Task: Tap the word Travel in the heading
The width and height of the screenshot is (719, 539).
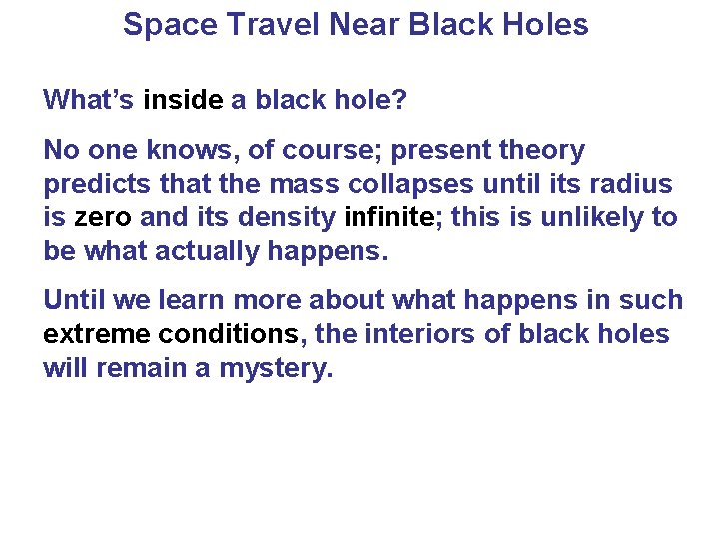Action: (x=263, y=24)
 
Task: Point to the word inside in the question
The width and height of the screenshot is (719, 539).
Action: (x=184, y=100)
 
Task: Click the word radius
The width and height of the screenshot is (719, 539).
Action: (x=635, y=184)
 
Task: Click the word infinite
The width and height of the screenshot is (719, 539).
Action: (x=388, y=217)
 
